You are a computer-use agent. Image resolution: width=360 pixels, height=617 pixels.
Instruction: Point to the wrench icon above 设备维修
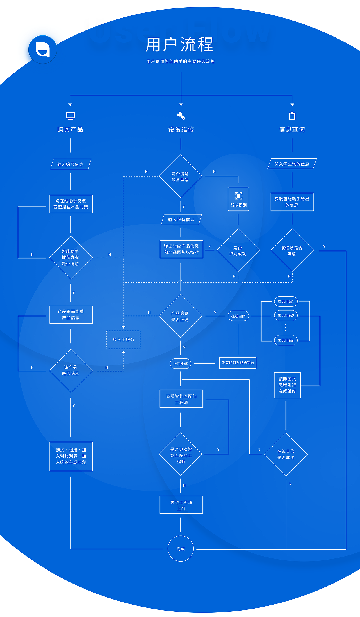(x=181, y=116)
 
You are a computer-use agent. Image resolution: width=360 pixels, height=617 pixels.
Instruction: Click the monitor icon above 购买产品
(x=70, y=116)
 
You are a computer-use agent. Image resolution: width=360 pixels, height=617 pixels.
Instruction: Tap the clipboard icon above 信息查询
(x=292, y=116)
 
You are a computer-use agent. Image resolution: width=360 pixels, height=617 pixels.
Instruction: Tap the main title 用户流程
(x=180, y=45)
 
